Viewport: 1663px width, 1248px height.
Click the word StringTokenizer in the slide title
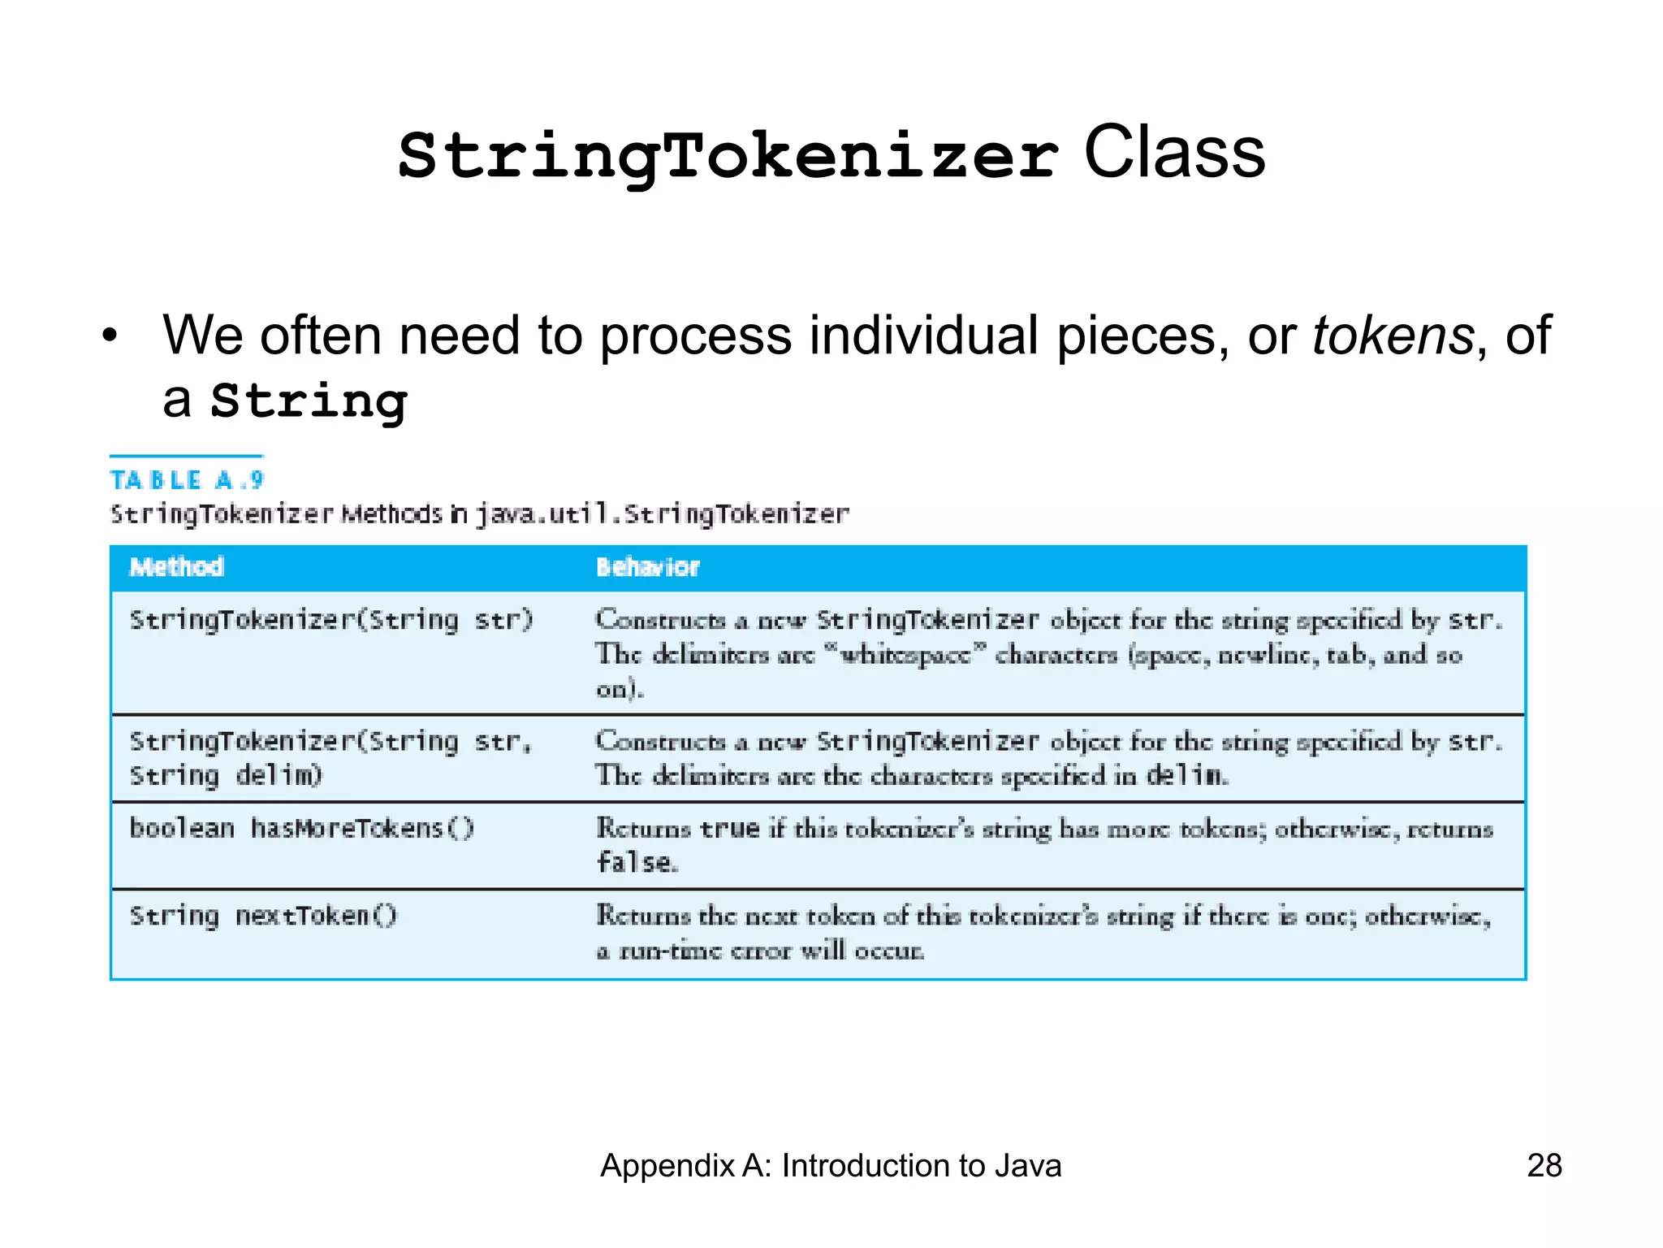coord(728,156)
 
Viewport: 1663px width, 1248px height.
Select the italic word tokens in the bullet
coord(1393,335)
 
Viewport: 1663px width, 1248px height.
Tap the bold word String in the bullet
coord(309,401)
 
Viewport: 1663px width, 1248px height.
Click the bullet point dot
coord(110,336)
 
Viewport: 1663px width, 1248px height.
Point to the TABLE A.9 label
coord(187,480)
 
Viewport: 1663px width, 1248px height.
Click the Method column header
coord(176,567)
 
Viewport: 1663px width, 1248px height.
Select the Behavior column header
coord(647,567)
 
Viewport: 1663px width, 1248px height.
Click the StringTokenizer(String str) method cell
coord(331,621)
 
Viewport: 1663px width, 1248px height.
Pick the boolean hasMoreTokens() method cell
coord(301,829)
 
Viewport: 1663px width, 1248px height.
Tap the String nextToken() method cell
coord(263,916)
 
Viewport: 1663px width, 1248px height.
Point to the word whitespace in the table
coord(905,655)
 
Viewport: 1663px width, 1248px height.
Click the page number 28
coord(1544,1166)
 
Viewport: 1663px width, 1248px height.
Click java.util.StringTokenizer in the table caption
coord(662,514)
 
